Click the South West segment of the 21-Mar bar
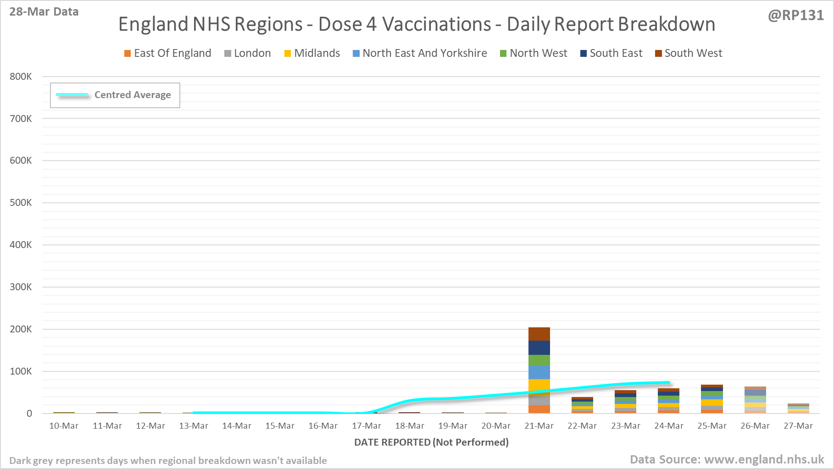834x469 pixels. click(539, 334)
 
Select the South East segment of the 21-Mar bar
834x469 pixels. click(539, 348)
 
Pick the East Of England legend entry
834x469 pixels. click(167, 53)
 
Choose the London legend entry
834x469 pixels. click(248, 53)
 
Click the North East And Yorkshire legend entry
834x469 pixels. click(420, 53)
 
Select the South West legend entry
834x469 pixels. click(689, 53)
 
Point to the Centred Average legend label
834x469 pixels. click(133, 95)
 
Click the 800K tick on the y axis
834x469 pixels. click(21, 77)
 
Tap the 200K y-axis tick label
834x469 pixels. click(21, 329)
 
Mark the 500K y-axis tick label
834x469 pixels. click(21, 203)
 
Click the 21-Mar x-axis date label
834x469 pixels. click(539, 426)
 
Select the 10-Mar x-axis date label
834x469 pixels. click(64, 426)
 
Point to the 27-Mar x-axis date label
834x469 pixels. click(798, 426)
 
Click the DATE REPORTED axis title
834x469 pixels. click(431, 442)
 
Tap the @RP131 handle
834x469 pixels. click(795, 16)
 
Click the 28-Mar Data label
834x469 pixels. click(44, 12)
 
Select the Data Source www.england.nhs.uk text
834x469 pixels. click(727, 459)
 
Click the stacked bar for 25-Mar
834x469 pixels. click(712, 399)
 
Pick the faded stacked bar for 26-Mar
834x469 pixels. click(755, 400)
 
